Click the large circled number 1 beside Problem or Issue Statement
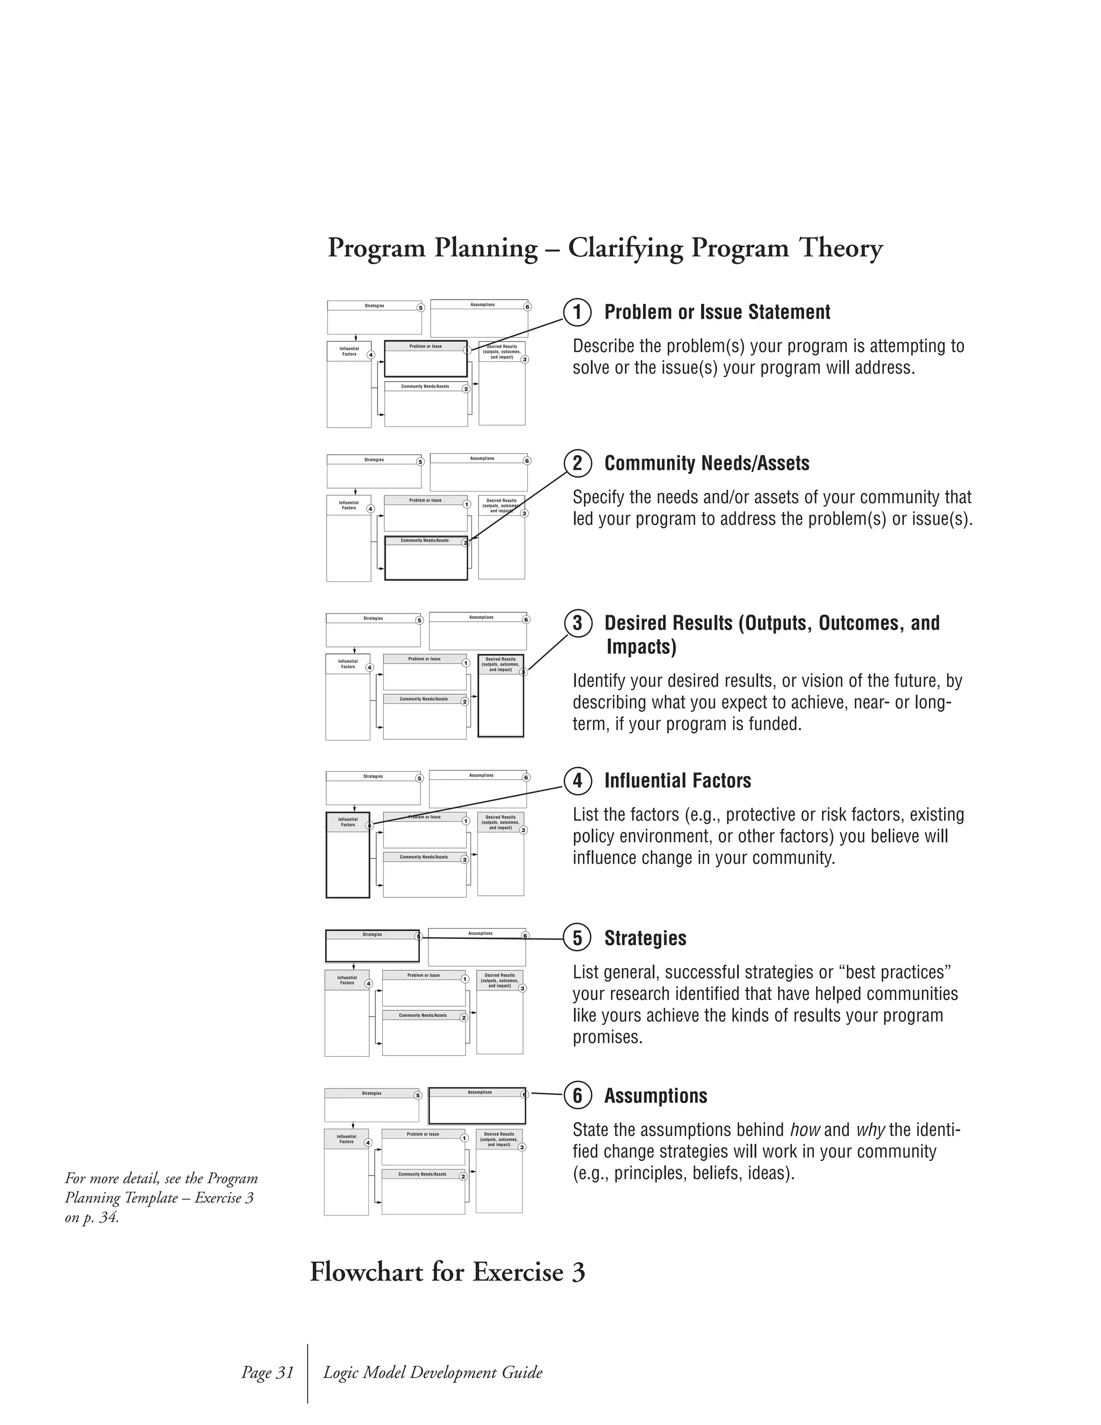tap(577, 312)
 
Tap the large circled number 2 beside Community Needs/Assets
tap(577, 463)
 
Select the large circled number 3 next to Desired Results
tap(577, 623)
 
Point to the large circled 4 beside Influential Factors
tap(577, 780)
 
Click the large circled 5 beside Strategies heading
tap(577, 938)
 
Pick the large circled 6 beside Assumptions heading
tap(577, 1095)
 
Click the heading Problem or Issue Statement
tap(717, 312)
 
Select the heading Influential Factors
tap(677, 780)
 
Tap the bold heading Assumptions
tap(655, 1095)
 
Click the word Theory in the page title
tap(840, 248)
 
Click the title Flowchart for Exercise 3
tap(447, 1272)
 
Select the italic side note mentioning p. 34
tap(161, 1198)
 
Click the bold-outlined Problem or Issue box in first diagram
tap(425, 360)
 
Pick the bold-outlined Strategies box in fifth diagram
tap(372, 946)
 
